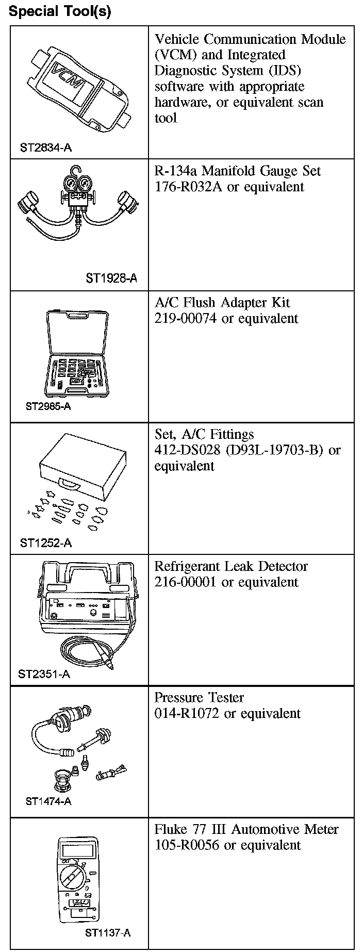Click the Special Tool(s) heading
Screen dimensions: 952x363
pos(60,11)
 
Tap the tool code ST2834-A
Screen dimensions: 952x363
pos(46,148)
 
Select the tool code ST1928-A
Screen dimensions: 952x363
pos(111,279)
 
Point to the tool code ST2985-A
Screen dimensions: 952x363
pos(48,406)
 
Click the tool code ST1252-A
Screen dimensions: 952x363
pos(46,543)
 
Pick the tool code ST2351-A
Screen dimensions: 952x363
pos(44,674)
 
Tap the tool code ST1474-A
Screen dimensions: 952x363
pos(48,801)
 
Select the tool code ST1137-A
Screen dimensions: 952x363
pos(108,932)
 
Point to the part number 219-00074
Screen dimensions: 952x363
pos(186,318)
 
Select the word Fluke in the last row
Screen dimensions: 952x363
pos(170,829)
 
